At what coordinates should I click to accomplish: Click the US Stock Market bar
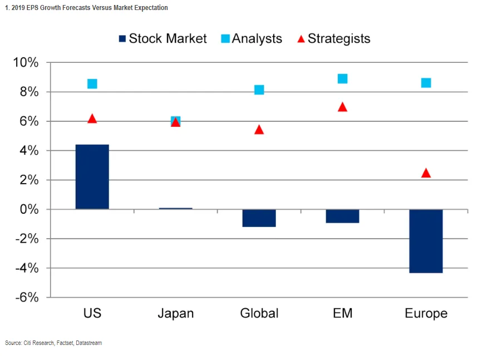(92, 177)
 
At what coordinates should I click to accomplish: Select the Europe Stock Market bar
(426, 241)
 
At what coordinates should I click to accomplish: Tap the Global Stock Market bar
(259, 218)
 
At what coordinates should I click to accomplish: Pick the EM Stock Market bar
(342, 216)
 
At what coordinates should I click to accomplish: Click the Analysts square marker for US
(92, 84)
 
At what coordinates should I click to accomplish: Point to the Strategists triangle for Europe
(426, 173)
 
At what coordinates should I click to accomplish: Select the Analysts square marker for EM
(342, 78)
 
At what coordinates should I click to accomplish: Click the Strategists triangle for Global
(259, 130)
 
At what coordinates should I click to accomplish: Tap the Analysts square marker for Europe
(426, 83)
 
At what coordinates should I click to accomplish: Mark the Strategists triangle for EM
(342, 107)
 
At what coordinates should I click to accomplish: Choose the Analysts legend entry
(251, 38)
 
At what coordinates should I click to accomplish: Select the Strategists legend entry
(332, 38)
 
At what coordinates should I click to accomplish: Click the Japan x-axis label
(175, 313)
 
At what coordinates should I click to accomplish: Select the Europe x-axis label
(426, 313)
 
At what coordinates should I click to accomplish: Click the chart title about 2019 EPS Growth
(86, 8)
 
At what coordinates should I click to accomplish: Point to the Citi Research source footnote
(53, 343)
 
